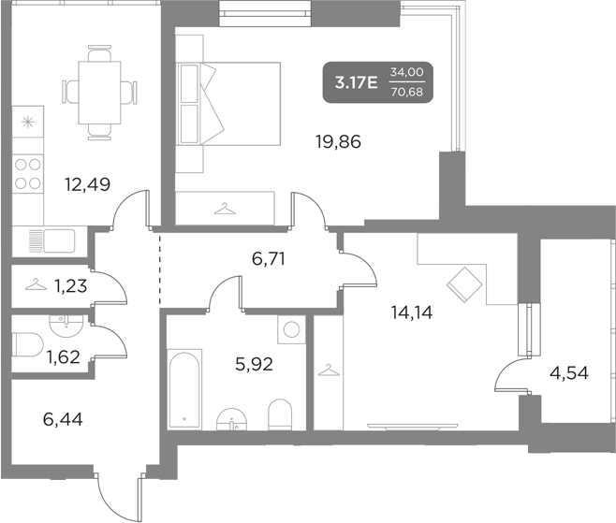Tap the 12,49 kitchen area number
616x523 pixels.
[x=87, y=183]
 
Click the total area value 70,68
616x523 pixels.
[x=406, y=91]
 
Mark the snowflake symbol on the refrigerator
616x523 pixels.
[x=28, y=122]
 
